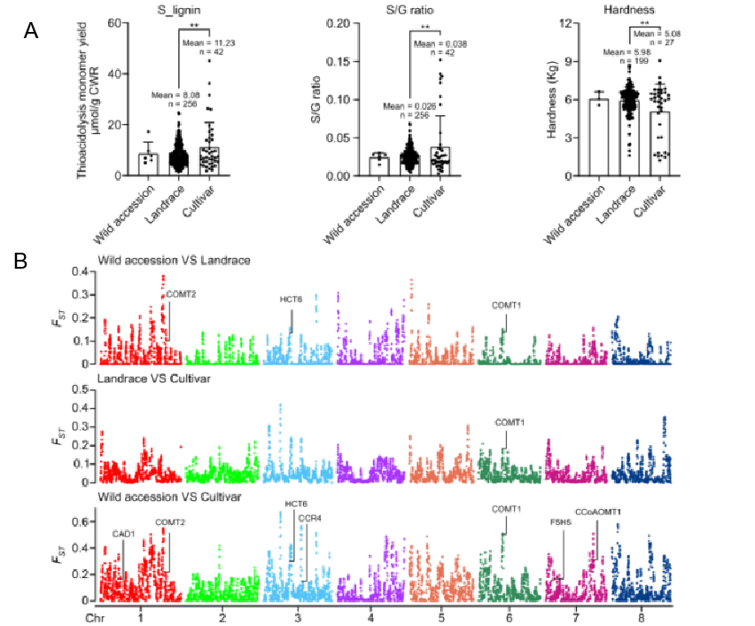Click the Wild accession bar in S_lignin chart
147,163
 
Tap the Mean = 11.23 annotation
206,43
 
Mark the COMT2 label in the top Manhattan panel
182,294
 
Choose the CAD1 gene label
123,534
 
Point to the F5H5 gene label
561,522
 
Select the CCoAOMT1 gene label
598,512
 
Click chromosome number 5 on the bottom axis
440,614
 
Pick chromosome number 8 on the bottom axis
642,614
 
